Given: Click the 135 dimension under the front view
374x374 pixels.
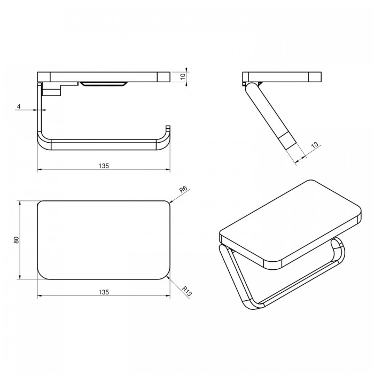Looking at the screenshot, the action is click(x=104, y=166).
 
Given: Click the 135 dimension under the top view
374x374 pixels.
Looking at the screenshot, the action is click(x=104, y=292).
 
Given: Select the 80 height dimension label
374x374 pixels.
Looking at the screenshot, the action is click(x=16, y=240).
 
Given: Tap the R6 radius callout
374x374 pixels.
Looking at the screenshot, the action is click(x=183, y=190).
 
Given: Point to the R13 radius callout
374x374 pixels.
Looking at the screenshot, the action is click(x=187, y=291).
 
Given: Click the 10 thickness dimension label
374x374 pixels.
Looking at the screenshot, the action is click(x=183, y=76).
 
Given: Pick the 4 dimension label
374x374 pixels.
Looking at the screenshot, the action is click(x=19, y=106).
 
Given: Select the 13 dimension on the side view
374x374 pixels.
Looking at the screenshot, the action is click(x=315, y=145).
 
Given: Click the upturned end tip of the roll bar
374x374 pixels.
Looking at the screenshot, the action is click(x=168, y=127).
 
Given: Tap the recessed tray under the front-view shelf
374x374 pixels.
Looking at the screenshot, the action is click(x=103, y=84).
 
